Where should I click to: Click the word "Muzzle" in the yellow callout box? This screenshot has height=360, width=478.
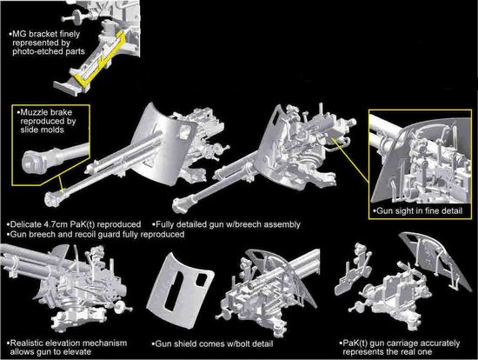(x=31, y=112)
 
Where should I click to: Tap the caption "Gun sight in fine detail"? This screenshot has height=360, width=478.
(x=420, y=210)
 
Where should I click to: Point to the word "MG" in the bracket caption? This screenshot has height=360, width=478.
(x=19, y=34)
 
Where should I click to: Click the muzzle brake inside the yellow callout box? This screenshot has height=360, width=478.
(x=34, y=162)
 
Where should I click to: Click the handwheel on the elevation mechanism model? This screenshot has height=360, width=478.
(x=121, y=306)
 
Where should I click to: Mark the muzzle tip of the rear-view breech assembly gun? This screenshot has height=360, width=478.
(x=179, y=204)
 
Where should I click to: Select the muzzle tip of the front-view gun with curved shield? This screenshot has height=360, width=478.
(x=51, y=198)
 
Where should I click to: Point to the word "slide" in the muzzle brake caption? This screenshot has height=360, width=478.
(x=30, y=130)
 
